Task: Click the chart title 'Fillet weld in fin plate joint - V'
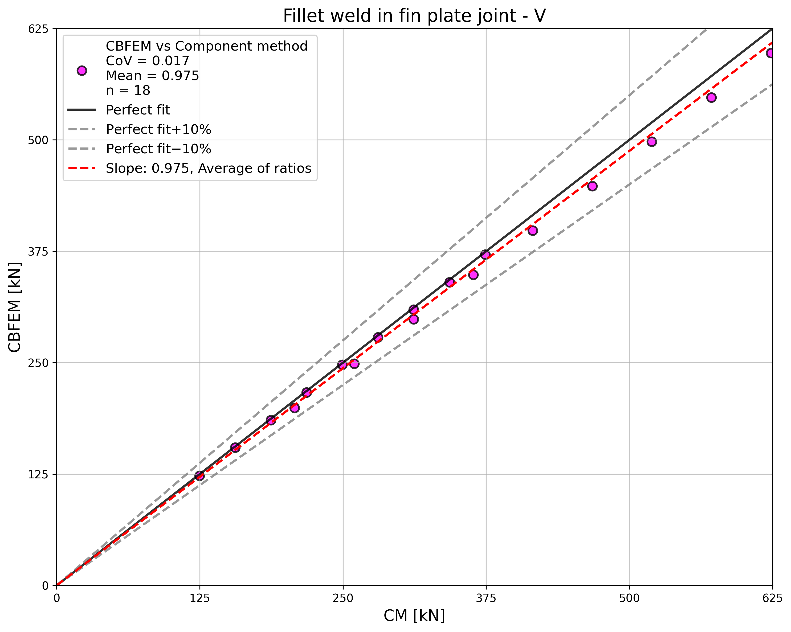414,16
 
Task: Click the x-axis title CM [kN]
414,615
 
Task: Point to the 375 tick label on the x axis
486,598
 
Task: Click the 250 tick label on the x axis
343,598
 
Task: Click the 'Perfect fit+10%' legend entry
158,129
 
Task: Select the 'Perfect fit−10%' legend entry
158,149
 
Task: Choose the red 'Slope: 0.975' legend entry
208,168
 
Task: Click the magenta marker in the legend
82,71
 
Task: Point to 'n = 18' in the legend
128,90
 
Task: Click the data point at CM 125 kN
199,476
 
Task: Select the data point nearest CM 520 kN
652,142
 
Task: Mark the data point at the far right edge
770,53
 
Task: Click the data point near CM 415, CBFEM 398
533,230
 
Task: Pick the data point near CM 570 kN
711,97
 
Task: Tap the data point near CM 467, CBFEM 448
592,186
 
